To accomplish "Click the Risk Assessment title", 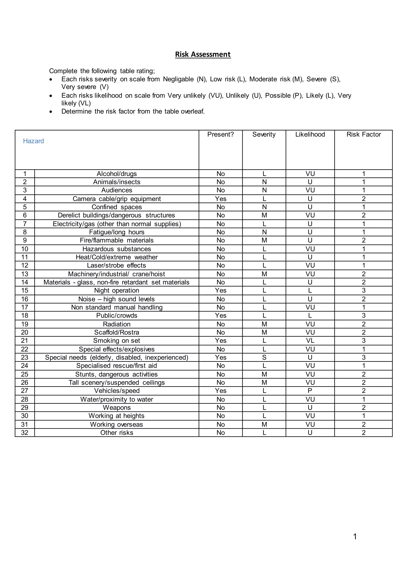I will coord(203,54).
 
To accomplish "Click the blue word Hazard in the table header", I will coord(33,141).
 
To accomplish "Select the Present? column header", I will coord(220,135).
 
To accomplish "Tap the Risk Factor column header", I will coord(364,135).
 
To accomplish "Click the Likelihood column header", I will coord(310,135).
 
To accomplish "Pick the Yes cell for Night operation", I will coord(220,291).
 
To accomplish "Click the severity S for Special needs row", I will coord(264,358).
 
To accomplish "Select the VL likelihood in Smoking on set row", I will coord(310,341).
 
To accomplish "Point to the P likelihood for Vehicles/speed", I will coord(310,391).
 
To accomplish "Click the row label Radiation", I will coord(117,324).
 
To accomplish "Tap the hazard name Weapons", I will coord(117,408).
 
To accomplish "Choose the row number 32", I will coord(25,433).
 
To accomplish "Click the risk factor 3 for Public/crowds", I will coord(364,316).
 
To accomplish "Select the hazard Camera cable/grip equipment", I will coord(117,199).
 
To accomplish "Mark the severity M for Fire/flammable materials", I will coord(264,240).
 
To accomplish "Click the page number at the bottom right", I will coord(355,537).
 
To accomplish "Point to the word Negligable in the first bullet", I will coord(178,79).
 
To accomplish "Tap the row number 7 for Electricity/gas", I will coord(25,224).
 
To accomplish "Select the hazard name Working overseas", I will coord(117,425).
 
